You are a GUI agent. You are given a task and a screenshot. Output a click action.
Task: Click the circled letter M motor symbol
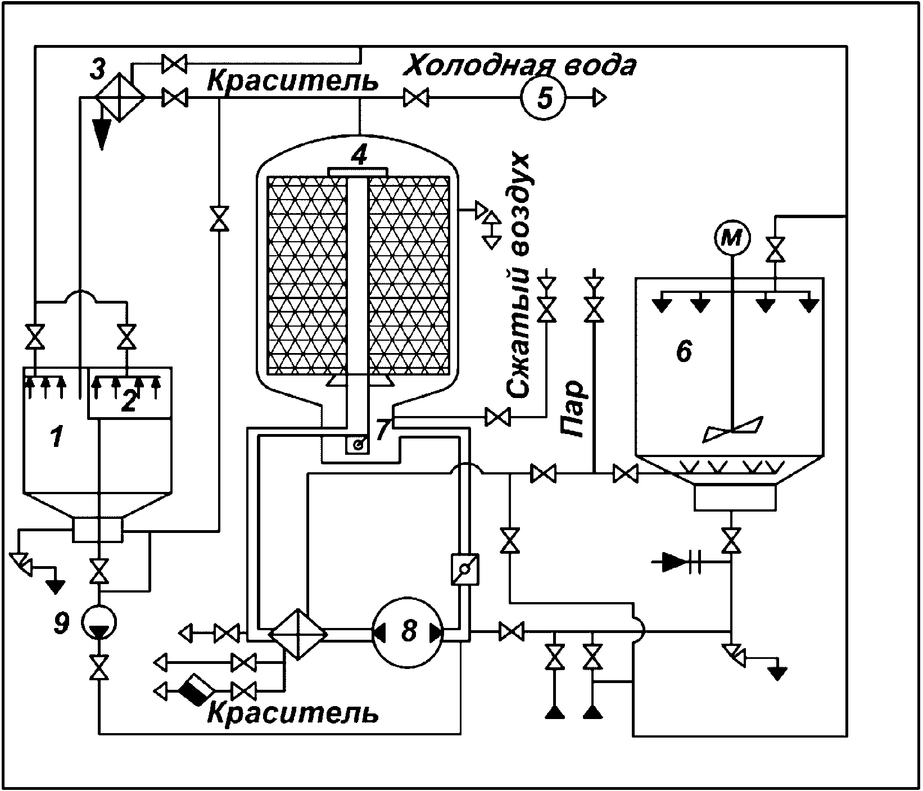(732, 238)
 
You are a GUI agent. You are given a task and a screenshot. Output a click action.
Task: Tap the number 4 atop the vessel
(359, 154)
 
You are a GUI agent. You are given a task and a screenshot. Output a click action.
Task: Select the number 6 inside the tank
(684, 352)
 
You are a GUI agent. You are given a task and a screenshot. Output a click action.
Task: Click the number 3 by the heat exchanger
(98, 70)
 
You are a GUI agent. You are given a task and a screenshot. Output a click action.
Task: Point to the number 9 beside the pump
(62, 623)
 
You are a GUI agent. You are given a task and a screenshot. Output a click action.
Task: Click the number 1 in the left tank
(56, 437)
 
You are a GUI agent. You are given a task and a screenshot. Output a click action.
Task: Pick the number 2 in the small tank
(129, 402)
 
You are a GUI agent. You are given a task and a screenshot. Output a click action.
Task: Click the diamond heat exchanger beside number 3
(120, 97)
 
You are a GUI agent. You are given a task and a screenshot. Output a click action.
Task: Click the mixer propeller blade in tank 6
(733, 429)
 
